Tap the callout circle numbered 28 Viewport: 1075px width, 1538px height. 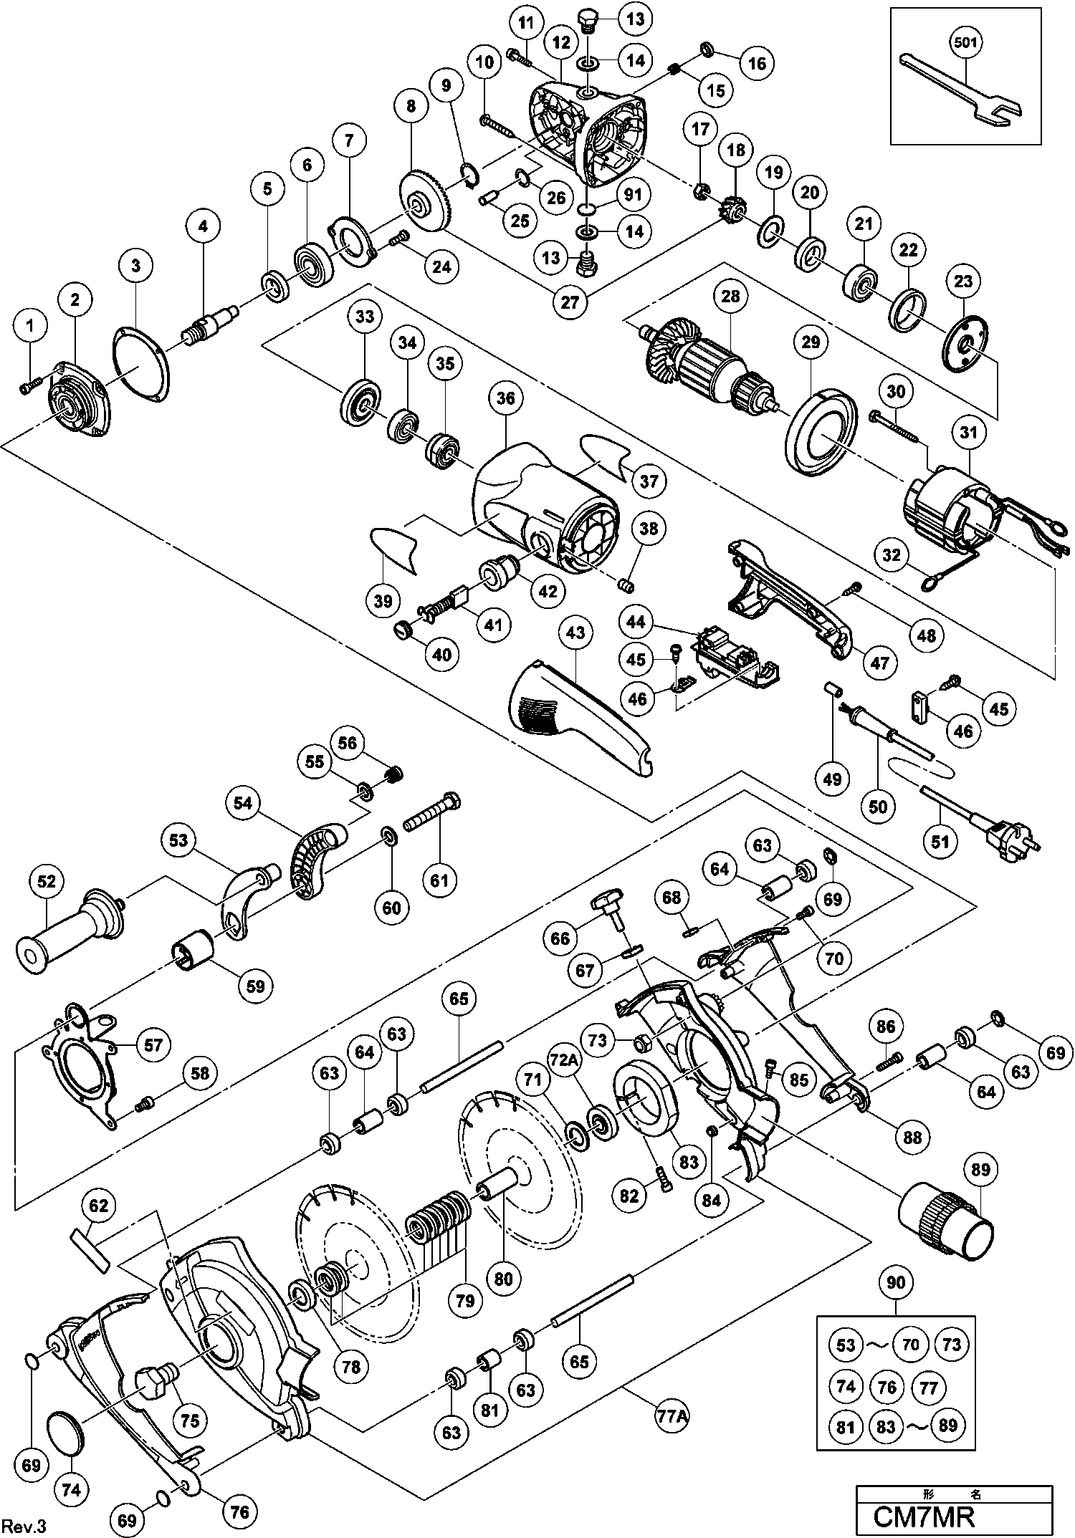[x=730, y=295]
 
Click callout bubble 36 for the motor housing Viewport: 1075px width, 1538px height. [x=506, y=399]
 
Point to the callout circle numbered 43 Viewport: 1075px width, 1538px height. [x=575, y=633]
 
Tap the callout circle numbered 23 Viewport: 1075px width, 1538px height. [x=963, y=282]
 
